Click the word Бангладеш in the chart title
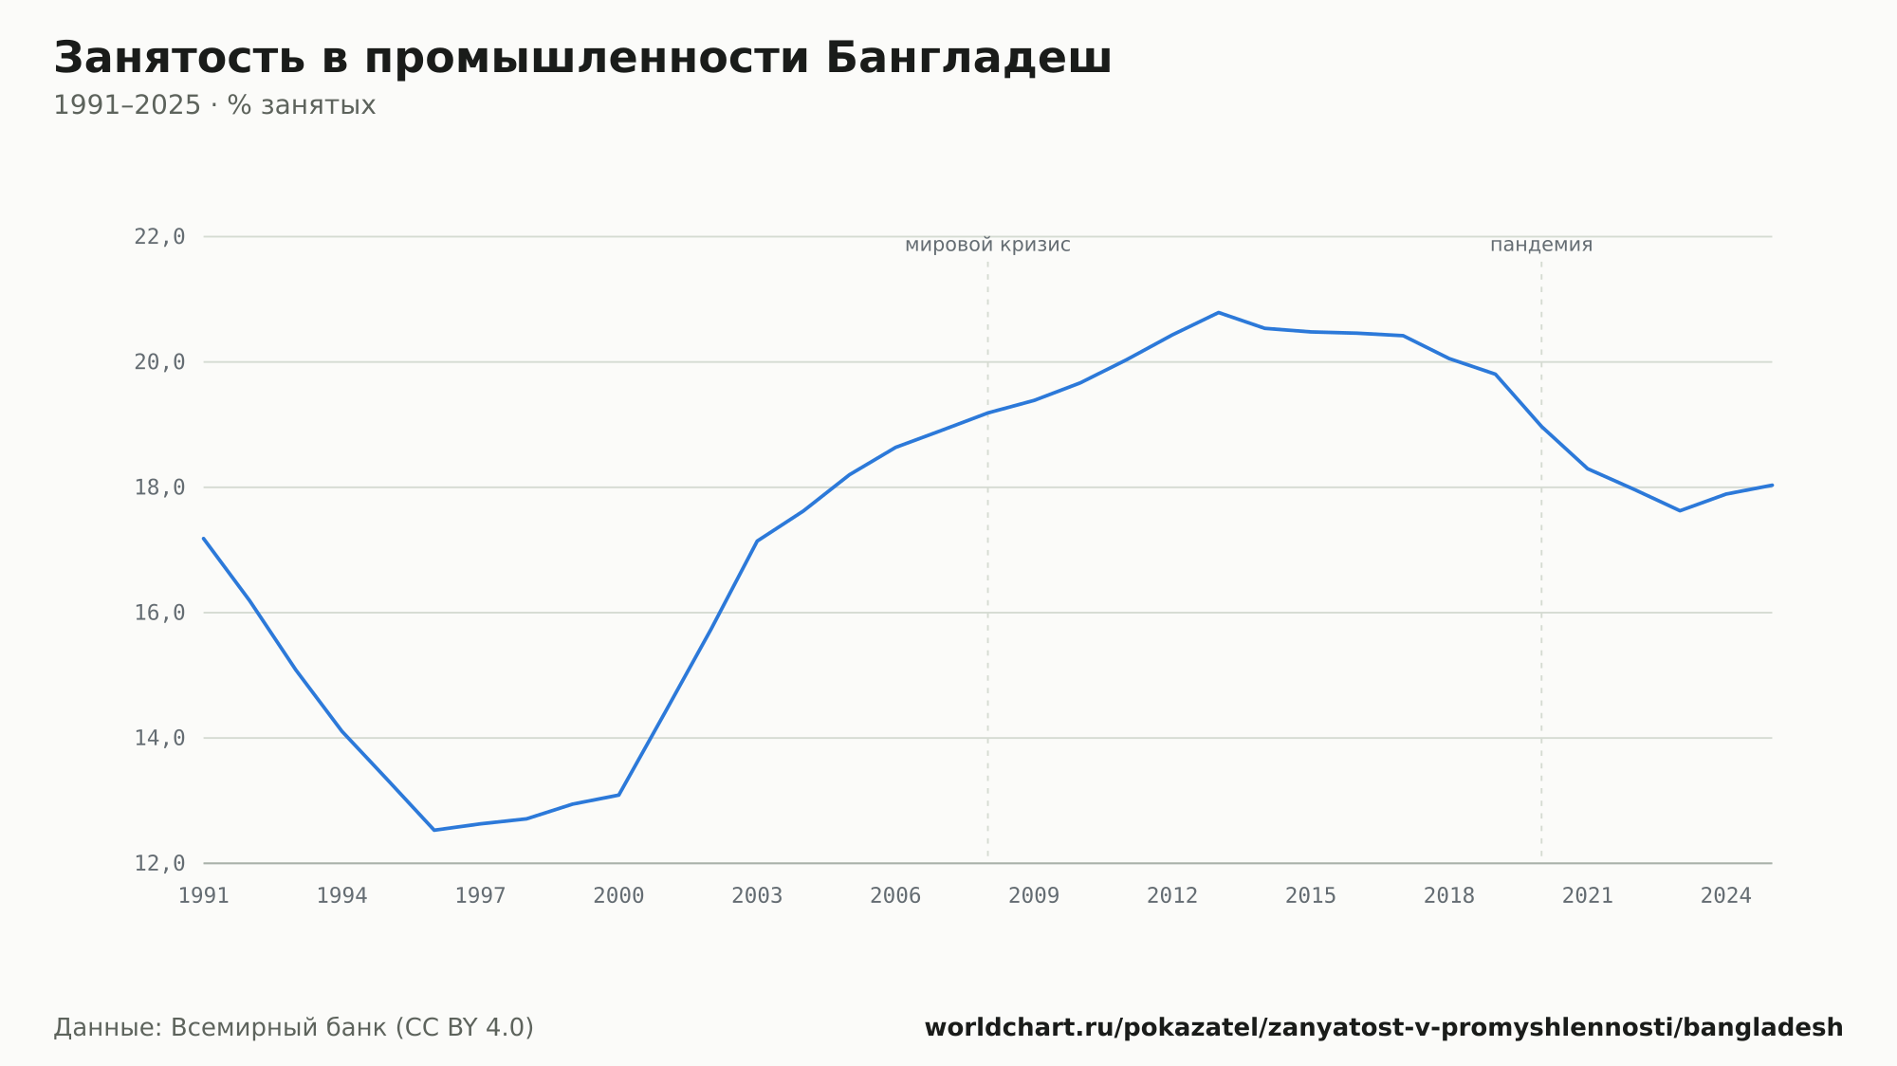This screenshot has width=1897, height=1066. click(968, 58)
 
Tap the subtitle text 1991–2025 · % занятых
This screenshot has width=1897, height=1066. click(214, 105)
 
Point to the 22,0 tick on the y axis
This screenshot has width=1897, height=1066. click(159, 237)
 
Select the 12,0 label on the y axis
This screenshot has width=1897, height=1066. click(159, 863)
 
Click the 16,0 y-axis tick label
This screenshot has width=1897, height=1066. click(159, 613)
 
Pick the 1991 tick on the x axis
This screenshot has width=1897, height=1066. click(204, 896)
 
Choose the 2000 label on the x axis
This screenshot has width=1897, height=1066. click(618, 896)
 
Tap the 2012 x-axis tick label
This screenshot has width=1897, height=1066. click(1172, 896)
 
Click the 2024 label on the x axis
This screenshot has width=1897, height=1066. click(1726, 896)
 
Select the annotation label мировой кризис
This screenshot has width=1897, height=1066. click(987, 245)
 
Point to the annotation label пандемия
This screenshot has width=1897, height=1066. click(1541, 245)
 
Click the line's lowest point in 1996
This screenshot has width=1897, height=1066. click(434, 830)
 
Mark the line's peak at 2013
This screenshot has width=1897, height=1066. click(1219, 312)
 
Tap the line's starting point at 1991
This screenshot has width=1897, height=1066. click(204, 538)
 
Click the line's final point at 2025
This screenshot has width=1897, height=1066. click(1772, 485)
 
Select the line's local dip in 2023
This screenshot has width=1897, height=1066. click(1680, 510)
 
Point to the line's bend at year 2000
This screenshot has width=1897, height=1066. click(618, 795)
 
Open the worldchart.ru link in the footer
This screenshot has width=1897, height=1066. click(1384, 1028)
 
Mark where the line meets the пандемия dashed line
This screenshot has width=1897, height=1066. click(1541, 427)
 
